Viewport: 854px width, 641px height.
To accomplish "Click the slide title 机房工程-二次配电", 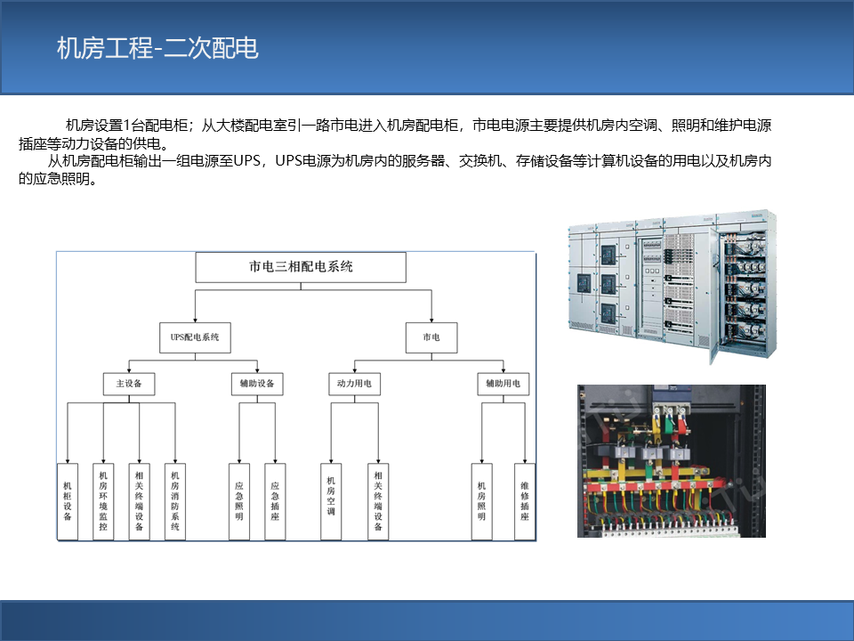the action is [157, 48].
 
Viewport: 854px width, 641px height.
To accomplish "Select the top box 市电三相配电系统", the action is [301, 267].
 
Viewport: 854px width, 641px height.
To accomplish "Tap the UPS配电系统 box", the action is [195, 337].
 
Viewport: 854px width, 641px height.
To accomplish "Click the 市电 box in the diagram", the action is [431, 337].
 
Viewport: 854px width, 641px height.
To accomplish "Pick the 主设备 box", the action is [129, 384].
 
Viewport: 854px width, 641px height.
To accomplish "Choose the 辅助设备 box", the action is [257, 384].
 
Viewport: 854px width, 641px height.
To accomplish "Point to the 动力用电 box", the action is [355, 384].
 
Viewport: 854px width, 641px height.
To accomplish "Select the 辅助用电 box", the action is [504, 384].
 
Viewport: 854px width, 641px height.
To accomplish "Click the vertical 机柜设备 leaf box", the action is [68, 501].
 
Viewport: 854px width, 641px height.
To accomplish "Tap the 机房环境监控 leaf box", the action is [103, 501].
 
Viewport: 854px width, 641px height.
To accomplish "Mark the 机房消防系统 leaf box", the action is [175, 501].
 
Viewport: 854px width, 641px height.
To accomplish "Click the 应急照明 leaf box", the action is [239, 501].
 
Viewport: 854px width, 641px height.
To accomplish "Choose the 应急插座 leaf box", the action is [275, 501].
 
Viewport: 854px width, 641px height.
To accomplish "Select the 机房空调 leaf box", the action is [331, 501].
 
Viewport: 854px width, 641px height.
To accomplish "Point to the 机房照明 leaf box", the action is [481, 501].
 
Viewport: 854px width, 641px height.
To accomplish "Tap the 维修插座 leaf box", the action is [525, 501].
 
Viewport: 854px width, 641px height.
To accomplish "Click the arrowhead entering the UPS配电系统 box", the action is [195, 320].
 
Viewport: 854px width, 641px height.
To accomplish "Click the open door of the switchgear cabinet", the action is [714, 297].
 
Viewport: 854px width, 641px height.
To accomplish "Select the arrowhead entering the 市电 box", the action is [431, 320].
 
